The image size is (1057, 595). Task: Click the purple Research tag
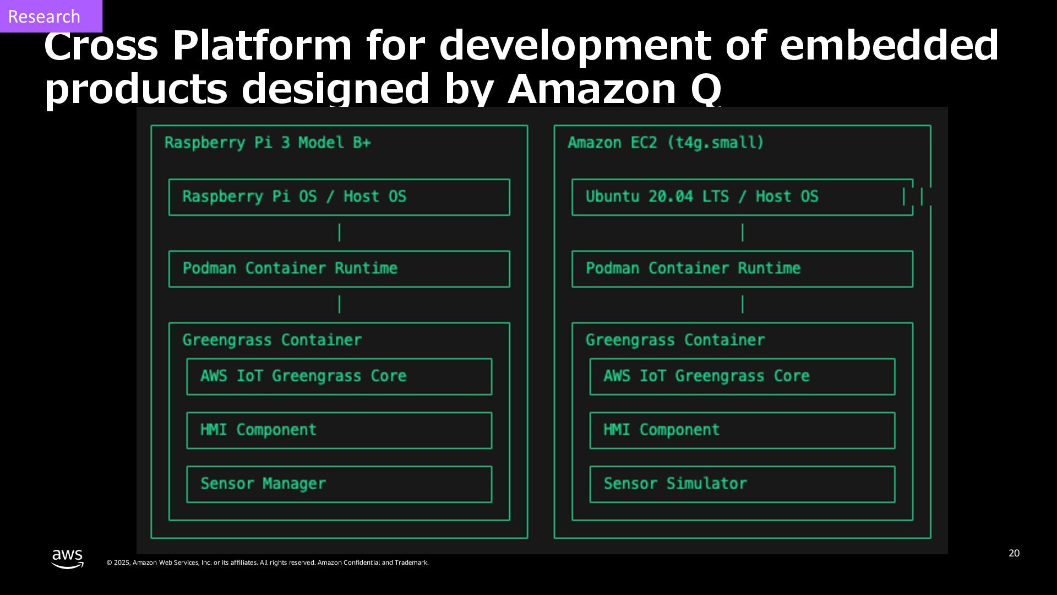(x=50, y=16)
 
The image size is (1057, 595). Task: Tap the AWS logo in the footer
(x=68, y=559)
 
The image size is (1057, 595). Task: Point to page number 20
(x=1014, y=553)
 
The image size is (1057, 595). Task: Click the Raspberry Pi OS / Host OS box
(x=339, y=197)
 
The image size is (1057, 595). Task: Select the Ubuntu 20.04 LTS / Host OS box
(x=742, y=197)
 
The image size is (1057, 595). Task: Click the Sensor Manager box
(x=339, y=484)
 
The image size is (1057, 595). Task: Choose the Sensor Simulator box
(x=742, y=484)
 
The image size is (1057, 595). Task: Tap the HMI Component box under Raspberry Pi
(x=339, y=430)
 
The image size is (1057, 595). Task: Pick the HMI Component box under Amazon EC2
(x=742, y=430)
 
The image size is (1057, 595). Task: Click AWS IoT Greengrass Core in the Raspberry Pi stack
(x=339, y=377)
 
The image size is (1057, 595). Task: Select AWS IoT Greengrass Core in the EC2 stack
(x=742, y=377)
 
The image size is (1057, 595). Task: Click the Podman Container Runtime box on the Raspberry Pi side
(x=339, y=269)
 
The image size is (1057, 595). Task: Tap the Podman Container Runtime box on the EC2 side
(x=742, y=269)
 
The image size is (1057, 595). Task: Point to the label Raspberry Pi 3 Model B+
(x=268, y=143)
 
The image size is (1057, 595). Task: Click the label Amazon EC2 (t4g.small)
(x=666, y=143)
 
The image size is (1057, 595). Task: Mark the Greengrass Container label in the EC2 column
(x=675, y=340)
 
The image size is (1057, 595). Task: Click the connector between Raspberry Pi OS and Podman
(x=339, y=232)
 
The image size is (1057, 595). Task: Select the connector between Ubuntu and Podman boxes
(x=743, y=232)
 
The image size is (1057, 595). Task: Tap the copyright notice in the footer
(x=268, y=562)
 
